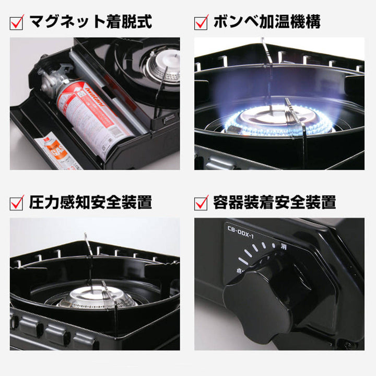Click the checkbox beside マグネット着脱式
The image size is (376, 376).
coord(18,22)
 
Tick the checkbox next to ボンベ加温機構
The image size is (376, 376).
coord(201,22)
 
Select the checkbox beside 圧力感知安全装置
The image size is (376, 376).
coord(18,202)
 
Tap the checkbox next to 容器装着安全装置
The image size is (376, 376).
coord(201,202)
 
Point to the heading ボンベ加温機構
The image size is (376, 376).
coord(266,22)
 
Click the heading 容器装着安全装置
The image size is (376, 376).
coord(274,202)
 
